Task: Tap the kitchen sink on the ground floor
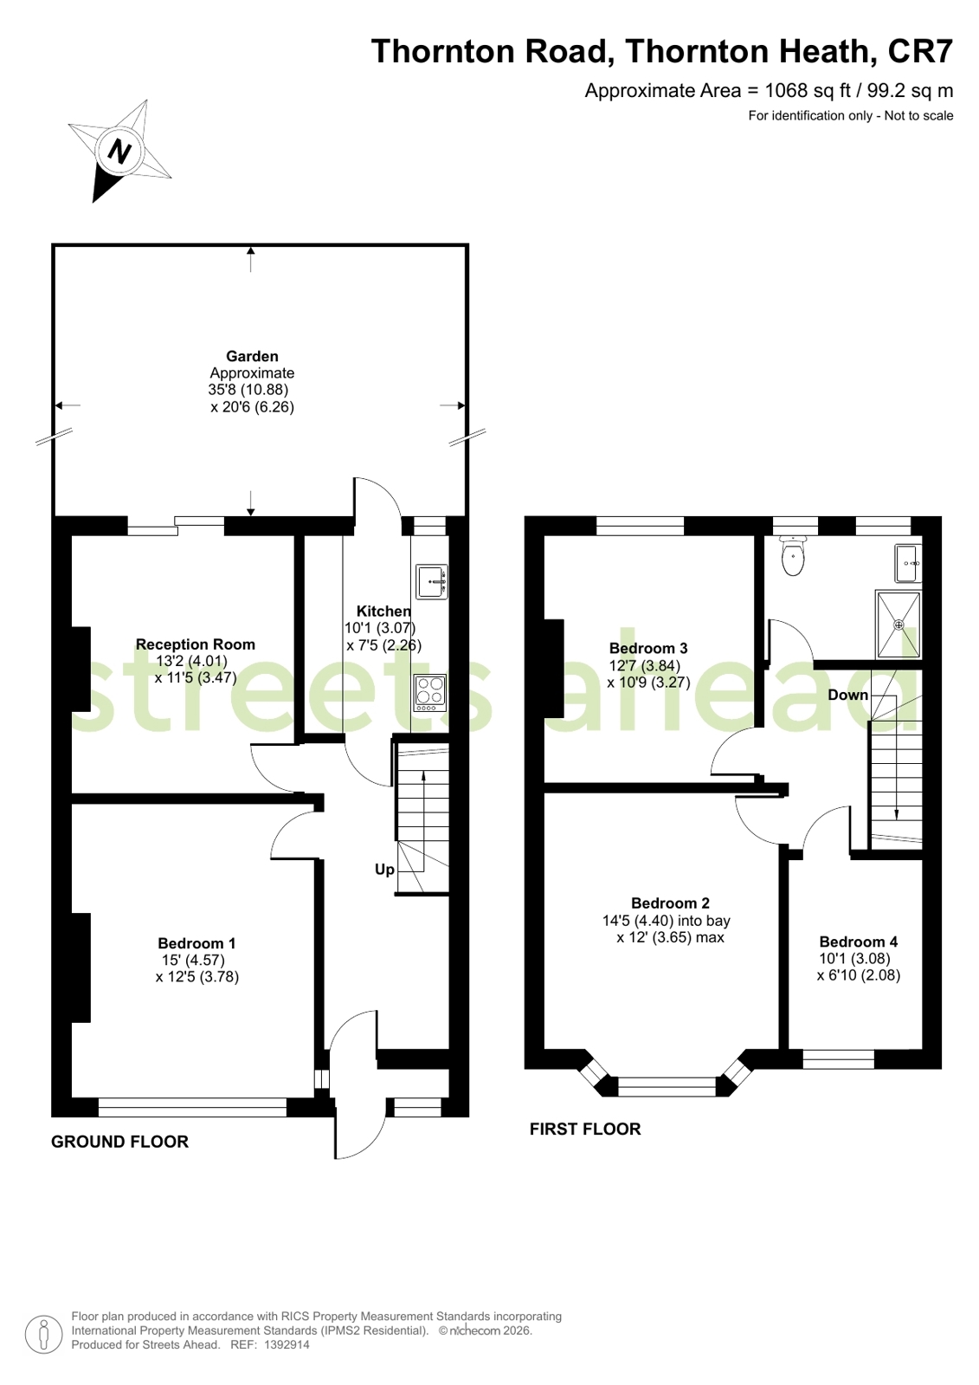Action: (432, 581)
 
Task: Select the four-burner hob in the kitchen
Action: (430, 692)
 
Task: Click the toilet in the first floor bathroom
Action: (792, 555)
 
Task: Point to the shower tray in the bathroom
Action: (898, 625)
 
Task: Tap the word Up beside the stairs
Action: (384, 870)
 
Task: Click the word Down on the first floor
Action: (848, 695)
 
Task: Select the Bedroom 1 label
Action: (196, 943)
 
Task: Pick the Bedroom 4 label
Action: (859, 941)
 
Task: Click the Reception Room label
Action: (196, 644)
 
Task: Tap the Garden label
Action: (252, 356)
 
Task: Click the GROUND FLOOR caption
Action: (120, 1142)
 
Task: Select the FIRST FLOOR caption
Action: (585, 1129)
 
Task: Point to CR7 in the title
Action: (920, 51)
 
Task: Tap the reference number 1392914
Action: (287, 1344)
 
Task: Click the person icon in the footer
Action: (43, 1333)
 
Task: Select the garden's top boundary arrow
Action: (250, 259)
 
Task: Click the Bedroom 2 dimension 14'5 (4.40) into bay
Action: (667, 921)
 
